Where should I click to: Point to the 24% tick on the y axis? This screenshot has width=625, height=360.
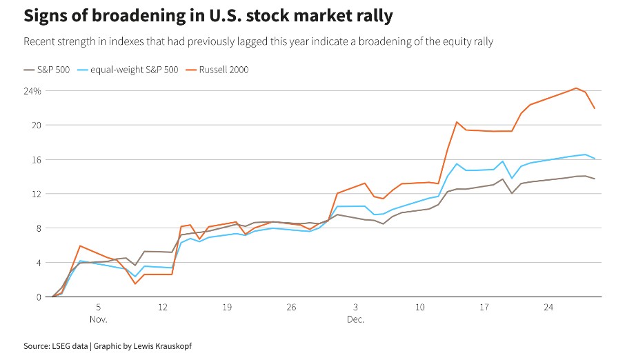pyautogui.click(x=33, y=91)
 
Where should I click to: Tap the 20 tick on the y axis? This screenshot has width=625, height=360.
pyautogui.click(x=35, y=126)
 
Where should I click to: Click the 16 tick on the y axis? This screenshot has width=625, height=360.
pyautogui.click(x=35, y=159)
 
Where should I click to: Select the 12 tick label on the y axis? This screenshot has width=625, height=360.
pyautogui.click(x=35, y=194)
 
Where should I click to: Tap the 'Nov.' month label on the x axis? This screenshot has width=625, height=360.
pyautogui.click(x=99, y=320)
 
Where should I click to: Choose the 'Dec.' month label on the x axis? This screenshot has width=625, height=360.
pyautogui.click(x=355, y=320)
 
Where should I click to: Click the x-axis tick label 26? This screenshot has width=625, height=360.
pyautogui.click(x=291, y=307)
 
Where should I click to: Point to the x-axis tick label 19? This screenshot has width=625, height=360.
pyautogui.click(x=227, y=307)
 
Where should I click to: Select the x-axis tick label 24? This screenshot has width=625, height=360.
pyautogui.click(x=548, y=307)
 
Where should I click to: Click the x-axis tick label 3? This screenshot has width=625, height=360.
pyautogui.click(x=355, y=307)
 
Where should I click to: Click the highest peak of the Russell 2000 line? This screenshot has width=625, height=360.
pyautogui.click(x=576, y=88)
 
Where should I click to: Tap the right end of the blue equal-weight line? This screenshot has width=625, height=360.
pyautogui.click(x=595, y=159)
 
